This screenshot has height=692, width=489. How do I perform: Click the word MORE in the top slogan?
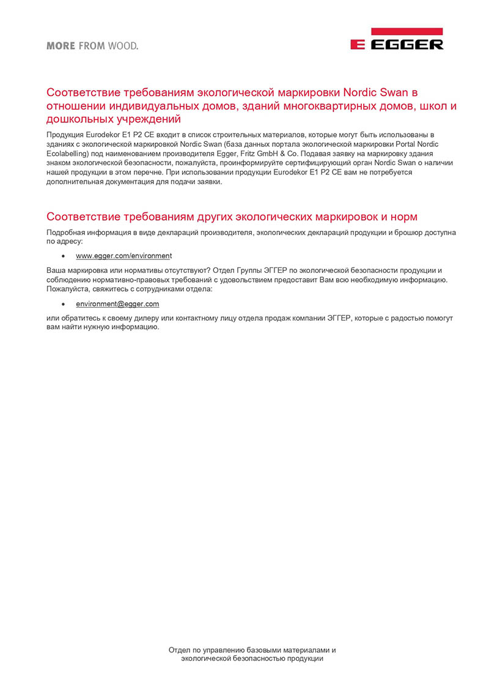(x=61, y=46)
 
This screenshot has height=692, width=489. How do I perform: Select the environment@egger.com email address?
(x=117, y=303)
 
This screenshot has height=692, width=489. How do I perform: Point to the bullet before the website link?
(x=63, y=256)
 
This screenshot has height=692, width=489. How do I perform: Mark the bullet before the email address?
(x=63, y=304)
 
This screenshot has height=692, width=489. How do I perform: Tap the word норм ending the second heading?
(x=405, y=217)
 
